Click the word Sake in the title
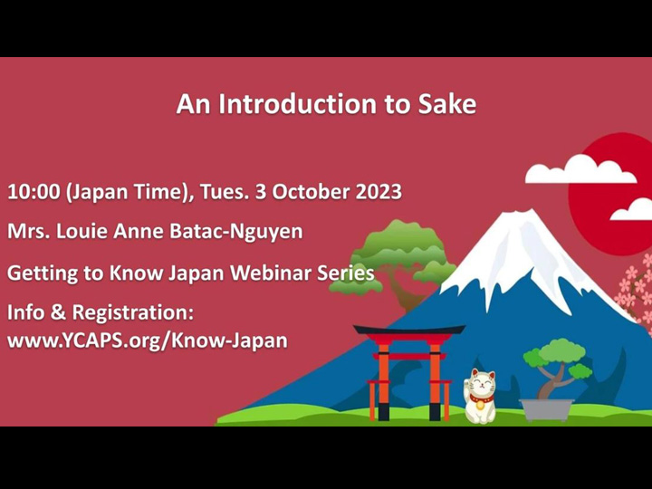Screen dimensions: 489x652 click(x=446, y=104)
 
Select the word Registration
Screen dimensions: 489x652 click(x=131, y=313)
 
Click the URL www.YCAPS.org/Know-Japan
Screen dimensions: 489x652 click(x=148, y=340)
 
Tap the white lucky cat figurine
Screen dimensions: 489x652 click(x=479, y=395)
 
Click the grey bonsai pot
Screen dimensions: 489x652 click(x=546, y=408)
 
